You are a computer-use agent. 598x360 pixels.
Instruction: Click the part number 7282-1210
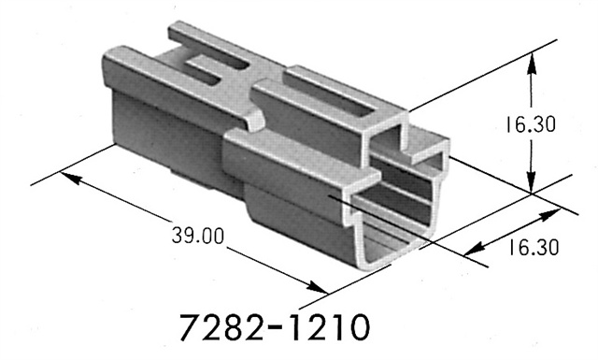click(274, 328)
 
